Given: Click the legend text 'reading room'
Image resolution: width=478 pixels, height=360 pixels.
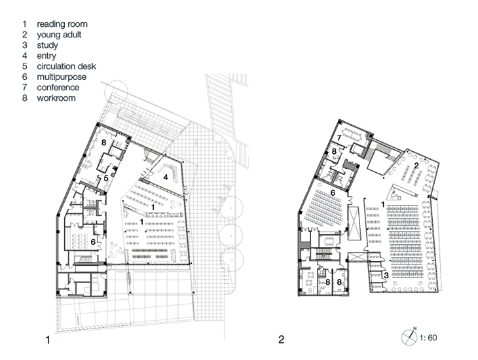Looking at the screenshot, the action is (62, 24).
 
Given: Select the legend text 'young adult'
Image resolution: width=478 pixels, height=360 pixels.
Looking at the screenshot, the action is (59, 35).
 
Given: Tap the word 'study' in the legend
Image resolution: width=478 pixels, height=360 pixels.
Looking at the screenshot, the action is (47, 45).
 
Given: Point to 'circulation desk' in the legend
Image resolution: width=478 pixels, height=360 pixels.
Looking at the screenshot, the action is (66, 67).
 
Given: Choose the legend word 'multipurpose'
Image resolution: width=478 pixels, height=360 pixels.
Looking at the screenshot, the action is (62, 77).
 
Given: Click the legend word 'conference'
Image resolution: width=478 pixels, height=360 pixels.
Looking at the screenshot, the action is (58, 88).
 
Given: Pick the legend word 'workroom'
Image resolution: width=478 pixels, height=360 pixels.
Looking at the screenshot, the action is (56, 98).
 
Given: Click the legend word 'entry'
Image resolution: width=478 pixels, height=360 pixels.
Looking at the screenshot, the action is (46, 56).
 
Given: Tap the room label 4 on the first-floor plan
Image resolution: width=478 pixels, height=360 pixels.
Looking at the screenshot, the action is (166, 177).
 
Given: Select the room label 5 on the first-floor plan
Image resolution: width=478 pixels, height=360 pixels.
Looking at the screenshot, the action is (106, 178).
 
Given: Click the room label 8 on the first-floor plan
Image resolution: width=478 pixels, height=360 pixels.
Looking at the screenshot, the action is (103, 142).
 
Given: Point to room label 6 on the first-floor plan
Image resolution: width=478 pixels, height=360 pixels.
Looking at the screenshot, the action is (93, 242).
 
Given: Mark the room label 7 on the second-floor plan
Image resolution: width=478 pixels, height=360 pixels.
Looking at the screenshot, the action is (339, 138).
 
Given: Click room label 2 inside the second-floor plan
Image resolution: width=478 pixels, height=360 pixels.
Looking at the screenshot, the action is (416, 166).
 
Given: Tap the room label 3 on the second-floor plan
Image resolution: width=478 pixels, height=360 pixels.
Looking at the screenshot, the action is (386, 276).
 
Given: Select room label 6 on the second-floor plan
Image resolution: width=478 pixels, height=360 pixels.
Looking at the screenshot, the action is (333, 192).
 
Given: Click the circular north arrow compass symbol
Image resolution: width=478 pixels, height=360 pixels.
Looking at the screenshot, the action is (409, 338).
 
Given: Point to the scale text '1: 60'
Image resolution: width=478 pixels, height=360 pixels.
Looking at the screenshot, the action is (428, 338).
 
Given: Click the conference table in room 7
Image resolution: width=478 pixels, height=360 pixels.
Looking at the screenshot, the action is (352, 134).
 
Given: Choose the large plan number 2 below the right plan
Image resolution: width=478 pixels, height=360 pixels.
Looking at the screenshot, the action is (281, 339).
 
